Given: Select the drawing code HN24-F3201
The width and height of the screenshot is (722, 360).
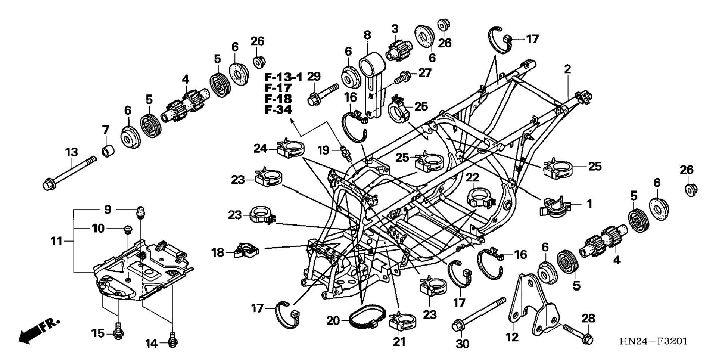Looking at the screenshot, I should coord(653,341).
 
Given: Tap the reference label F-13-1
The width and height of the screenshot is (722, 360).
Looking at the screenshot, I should coord(283,78).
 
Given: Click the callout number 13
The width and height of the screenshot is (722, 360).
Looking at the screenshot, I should coord(71,152).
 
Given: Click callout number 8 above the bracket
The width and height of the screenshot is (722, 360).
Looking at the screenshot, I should coord(367,35).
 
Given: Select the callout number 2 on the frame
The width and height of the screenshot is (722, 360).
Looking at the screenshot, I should coord(567,69).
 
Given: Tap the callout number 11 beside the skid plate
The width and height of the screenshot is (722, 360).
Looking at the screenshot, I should coord(56,241).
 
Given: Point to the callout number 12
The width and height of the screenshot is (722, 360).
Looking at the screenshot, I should coord(512,337).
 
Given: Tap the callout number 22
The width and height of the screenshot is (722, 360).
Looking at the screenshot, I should coord(472,177).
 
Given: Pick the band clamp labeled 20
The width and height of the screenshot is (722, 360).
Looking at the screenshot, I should coord(367,317).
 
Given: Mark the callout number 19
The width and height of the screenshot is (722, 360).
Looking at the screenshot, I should coord(323,150).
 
